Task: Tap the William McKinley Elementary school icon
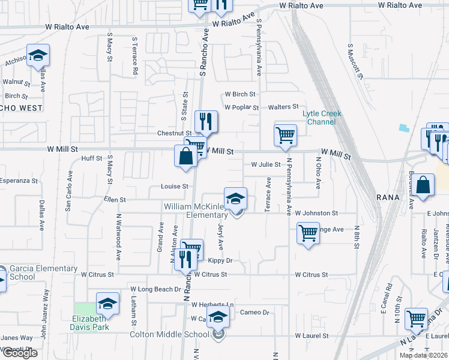coord(236,199)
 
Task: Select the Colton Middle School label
coord(169,334)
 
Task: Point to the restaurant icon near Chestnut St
coord(206,122)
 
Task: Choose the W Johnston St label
coord(316,213)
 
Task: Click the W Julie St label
coord(266,164)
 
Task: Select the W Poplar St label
coord(241,107)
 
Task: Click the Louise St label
coord(175,187)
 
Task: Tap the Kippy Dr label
coord(220,260)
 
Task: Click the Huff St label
coord(92,158)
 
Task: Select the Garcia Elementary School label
coord(44,272)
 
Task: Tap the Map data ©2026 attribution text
coord(423,355)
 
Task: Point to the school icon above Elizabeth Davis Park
coord(107,304)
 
